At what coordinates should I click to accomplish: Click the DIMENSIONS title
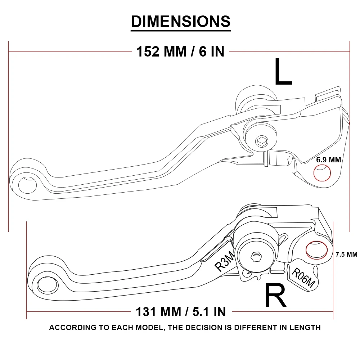point(180,22)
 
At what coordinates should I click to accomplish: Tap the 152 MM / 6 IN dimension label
point(180,51)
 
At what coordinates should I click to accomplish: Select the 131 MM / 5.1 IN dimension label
point(181,311)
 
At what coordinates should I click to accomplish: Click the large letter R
point(275,295)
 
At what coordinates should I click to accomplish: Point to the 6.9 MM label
point(328,159)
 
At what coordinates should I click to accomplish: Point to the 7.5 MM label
point(346,254)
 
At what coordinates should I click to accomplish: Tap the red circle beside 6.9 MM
point(322,173)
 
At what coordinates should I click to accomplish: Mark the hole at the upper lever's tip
point(27,184)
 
